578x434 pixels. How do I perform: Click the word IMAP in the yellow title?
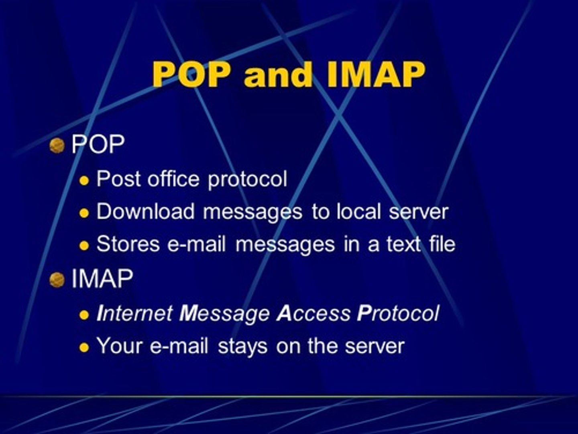(x=376, y=74)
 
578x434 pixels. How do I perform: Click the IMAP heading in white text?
(x=102, y=278)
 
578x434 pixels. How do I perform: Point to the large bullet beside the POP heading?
(x=57, y=145)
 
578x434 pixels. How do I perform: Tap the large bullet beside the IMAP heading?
(x=57, y=280)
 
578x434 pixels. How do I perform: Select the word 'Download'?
(x=145, y=211)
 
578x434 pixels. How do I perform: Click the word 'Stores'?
(x=128, y=244)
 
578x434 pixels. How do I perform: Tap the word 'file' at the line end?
(x=442, y=244)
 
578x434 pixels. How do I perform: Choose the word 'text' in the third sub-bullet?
(x=403, y=244)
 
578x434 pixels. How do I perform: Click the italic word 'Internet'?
(x=135, y=313)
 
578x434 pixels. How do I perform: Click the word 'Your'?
(x=120, y=346)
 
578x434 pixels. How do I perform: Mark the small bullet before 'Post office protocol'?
(x=84, y=180)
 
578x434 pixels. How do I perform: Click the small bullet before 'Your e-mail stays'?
(x=84, y=348)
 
